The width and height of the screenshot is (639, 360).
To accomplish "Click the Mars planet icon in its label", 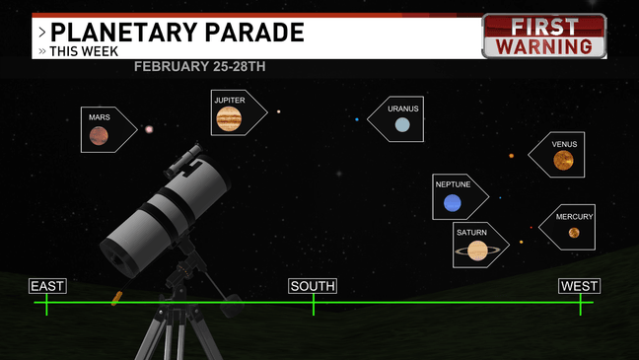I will (100, 137).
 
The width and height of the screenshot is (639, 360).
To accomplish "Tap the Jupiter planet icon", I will (229, 119).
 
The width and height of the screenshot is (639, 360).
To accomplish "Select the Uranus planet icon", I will (402, 125).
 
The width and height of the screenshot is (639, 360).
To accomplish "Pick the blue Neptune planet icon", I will (453, 203).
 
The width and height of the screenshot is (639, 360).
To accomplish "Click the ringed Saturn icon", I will (477, 252).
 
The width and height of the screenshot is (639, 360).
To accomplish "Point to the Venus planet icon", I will (563, 161).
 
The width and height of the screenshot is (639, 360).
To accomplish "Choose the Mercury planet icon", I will (574, 233).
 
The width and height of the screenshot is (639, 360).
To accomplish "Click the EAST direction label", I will (47, 286).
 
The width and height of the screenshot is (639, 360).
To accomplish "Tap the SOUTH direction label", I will (313, 286).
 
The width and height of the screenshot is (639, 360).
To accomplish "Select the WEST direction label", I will (579, 286).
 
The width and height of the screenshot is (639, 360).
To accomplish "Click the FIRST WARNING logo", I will (543, 36).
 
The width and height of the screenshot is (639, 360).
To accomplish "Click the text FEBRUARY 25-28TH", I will (199, 67).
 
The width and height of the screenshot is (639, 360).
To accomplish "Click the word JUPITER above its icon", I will (229, 100).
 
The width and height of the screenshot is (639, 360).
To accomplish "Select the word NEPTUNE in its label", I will (453, 184).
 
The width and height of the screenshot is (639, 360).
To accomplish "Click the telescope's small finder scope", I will (182, 158).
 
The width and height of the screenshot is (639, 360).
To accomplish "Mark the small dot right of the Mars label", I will (150, 129).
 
